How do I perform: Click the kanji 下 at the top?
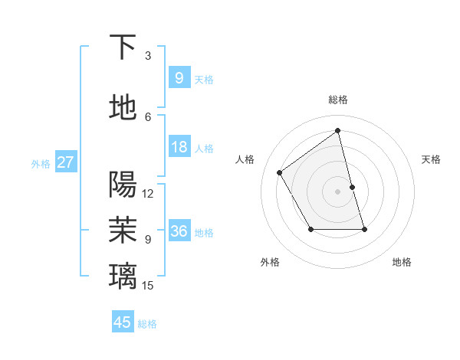tap(123, 47)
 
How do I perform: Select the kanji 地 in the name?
tap(123, 108)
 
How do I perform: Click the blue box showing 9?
tap(179, 77)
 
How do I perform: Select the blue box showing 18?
tap(179, 147)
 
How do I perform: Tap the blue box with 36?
tap(179, 231)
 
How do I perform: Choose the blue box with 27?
tap(66, 162)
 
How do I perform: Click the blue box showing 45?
tap(123, 322)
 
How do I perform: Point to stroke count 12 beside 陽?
tap(148, 194)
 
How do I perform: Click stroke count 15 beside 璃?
tap(148, 286)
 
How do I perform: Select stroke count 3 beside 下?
tap(148, 56)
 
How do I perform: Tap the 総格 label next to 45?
tap(147, 324)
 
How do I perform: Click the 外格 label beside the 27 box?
tap(41, 164)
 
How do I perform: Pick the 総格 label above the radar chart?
tap(338, 100)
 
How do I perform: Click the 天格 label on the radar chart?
tap(432, 159)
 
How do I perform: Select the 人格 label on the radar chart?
tap(245, 159)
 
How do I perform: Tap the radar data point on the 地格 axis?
tap(364, 229)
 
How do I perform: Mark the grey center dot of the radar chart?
tap(338, 191)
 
